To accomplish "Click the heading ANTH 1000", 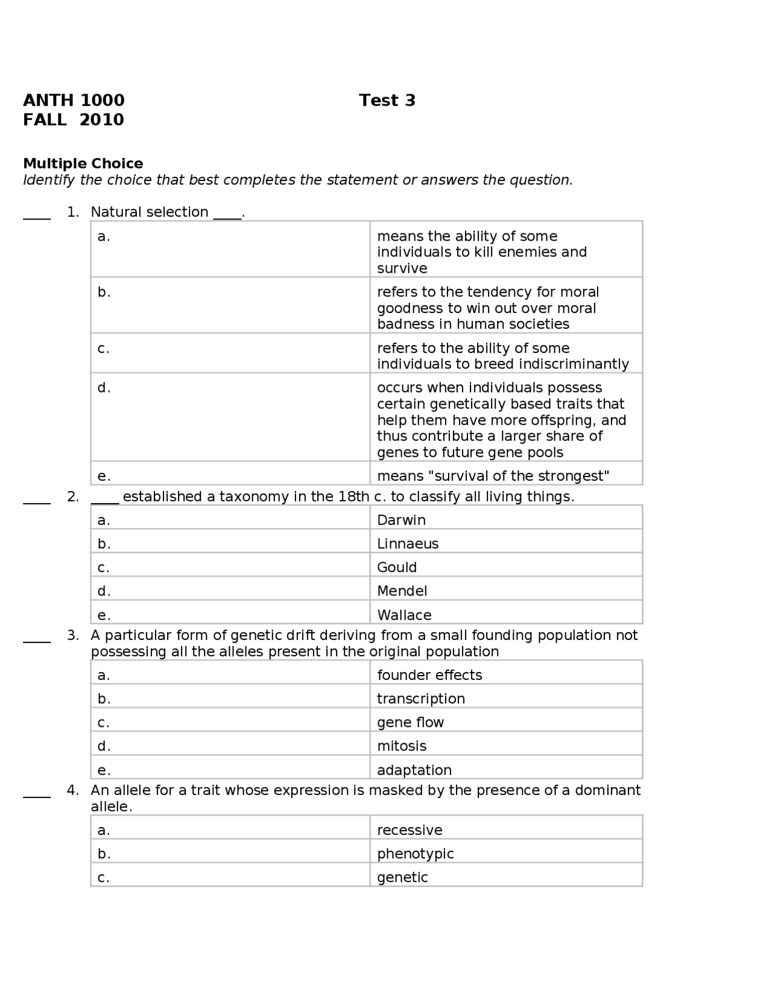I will coord(74,100).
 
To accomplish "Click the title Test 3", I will coord(387,100).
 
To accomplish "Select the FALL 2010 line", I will coord(74,119).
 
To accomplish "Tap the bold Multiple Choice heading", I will coord(83,163).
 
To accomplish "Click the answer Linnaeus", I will coord(408,544).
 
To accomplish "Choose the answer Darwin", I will coord(401,520).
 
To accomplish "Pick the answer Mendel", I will coord(402,591).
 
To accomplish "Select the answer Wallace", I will coord(404,615).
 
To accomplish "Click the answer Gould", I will coord(397,567).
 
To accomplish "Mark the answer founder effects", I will coord(429,675).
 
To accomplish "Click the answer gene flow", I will coord(410,722).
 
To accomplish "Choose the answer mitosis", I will coord(402,746).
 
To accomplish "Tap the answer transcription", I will coord(421,699).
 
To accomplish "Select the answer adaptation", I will coord(414,770).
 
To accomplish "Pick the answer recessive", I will coord(410,830).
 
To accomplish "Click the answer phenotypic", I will coord(415,854).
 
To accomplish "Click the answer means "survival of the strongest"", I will coord(493,476).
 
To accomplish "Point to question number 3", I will coord(73,635).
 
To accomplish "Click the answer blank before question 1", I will coord(37,216).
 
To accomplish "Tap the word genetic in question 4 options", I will coord(402,877).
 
